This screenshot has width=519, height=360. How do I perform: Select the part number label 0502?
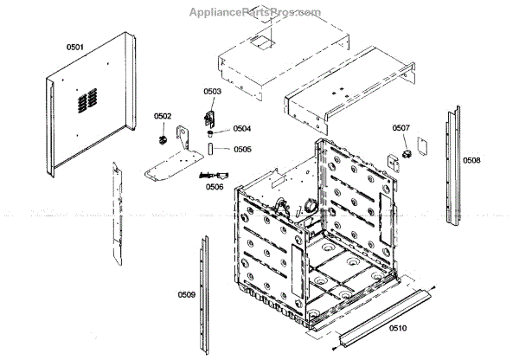tap(163, 116)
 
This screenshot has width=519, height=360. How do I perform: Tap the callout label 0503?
tap(212, 91)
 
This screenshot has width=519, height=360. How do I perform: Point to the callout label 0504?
tap(242, 128)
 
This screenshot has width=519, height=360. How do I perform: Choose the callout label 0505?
tap(242, 149)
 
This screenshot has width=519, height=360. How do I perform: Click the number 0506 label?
tap(214, 187)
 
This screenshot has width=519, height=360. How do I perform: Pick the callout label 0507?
tap(400, 128)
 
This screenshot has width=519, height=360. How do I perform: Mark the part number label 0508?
tap(471, 161)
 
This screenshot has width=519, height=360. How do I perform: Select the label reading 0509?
tap(186, 295)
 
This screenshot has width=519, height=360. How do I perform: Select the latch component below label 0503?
tap(208, 115)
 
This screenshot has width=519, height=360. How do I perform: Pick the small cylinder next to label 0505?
tap(210, 150)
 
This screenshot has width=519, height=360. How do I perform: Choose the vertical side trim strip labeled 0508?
tap(452, 164)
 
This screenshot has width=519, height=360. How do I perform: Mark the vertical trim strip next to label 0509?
tap(203, 294)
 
